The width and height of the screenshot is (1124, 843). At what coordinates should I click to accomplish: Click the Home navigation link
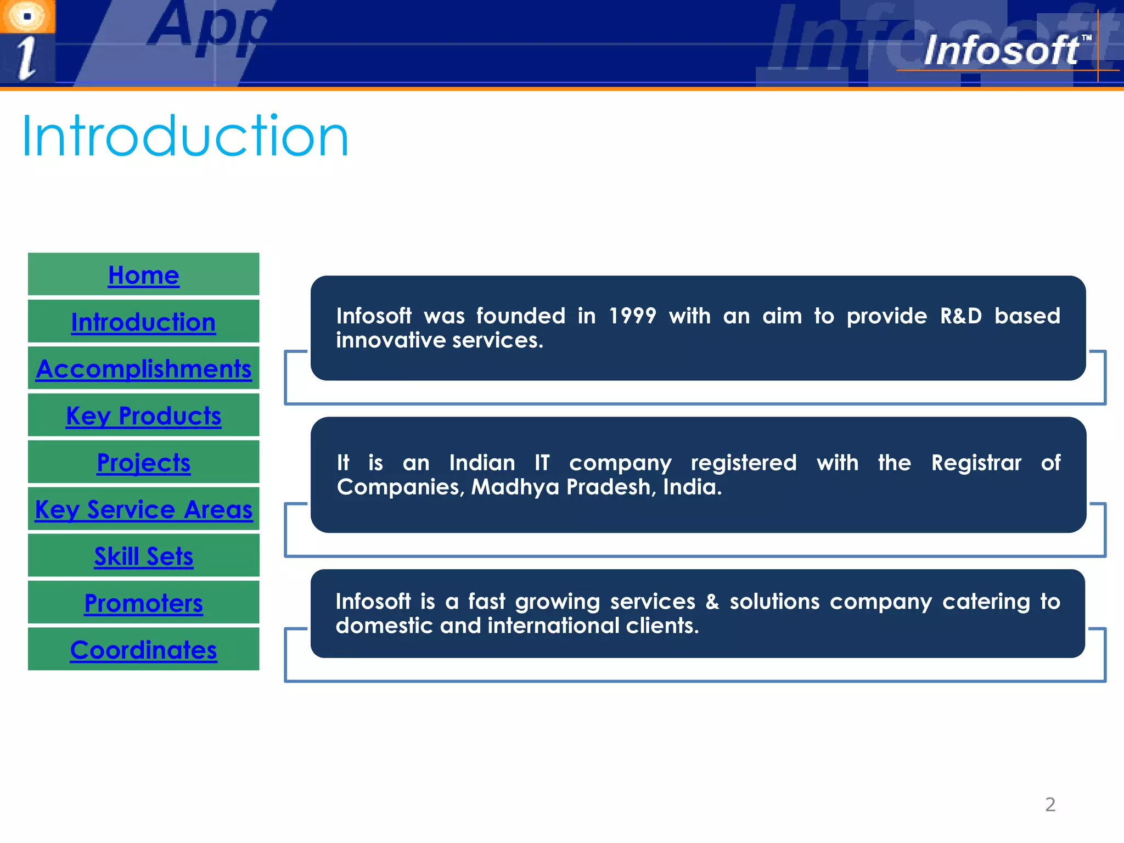143,275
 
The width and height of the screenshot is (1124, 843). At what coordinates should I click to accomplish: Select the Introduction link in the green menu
143,322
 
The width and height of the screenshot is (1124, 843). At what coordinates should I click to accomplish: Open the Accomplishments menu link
143,369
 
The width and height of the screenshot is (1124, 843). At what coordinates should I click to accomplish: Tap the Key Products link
143,416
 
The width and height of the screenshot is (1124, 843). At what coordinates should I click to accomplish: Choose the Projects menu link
143,463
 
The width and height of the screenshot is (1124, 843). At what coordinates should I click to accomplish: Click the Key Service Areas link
143,510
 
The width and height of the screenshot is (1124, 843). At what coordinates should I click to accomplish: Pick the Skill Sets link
143,557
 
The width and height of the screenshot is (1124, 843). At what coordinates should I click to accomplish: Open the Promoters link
143,603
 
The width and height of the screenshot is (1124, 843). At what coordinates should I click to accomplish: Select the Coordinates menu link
143,650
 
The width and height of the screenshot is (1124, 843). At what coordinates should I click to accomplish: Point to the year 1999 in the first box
632,316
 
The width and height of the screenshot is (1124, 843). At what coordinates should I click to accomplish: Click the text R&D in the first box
960,316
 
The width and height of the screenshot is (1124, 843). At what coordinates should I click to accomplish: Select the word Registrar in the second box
976,463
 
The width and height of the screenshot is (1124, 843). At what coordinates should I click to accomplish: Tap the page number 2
1050,805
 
